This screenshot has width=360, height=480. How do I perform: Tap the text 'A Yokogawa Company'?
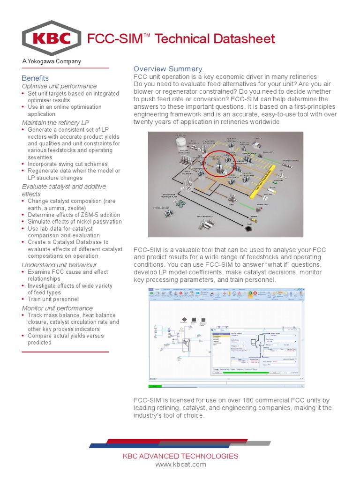click(x=52, y=61)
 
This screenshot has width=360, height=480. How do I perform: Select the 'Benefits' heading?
click(x=35, y=78)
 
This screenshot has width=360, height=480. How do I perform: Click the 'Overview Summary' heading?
click(x=168, y=69)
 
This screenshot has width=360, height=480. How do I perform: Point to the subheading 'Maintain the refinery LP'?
click(x=55, y=123)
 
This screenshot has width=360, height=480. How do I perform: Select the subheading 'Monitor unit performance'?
click(x=57, y=308)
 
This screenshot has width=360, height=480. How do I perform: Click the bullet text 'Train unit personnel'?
click(x=53, y=299)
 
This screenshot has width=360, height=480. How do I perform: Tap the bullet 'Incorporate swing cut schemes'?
click(x=67, y=164)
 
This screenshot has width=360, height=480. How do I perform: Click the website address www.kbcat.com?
click(x=180, y=465)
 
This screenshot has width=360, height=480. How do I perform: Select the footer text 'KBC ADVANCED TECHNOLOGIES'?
click(x=180, y=456)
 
